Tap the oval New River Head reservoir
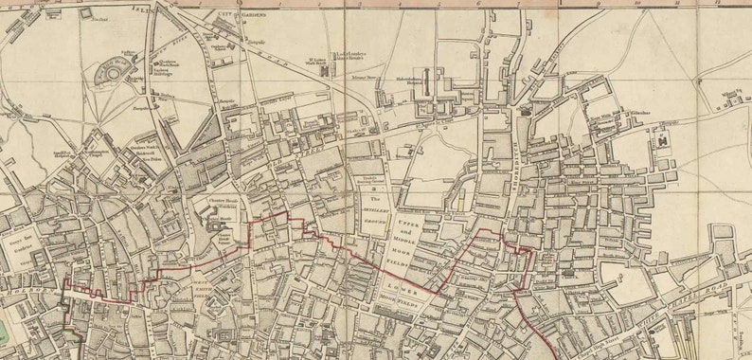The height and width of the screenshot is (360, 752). click(114, 71)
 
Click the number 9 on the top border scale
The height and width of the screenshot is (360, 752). click(598, 4)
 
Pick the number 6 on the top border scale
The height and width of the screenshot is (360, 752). click(478, 4)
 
